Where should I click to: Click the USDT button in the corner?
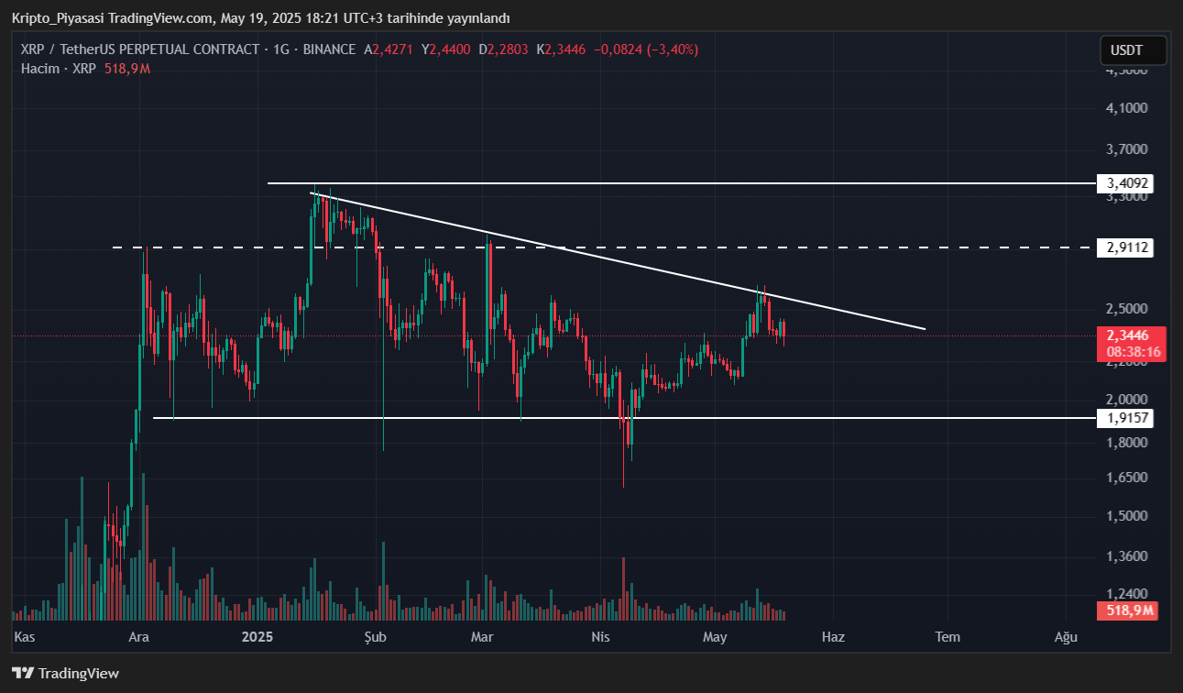1133,50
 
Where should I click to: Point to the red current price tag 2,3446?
1127,335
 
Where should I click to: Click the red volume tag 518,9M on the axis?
1126,610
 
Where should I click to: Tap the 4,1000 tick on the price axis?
1126,108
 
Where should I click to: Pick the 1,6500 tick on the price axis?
1126,478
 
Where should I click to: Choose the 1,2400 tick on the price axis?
1126,593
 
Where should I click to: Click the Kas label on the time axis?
26,636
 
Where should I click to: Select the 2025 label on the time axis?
257,636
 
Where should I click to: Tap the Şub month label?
376,636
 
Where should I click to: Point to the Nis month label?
600,636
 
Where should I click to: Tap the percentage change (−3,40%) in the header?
673,49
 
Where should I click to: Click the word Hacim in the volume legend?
40,69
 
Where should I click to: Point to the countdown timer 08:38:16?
1134,351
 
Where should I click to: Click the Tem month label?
947,636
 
